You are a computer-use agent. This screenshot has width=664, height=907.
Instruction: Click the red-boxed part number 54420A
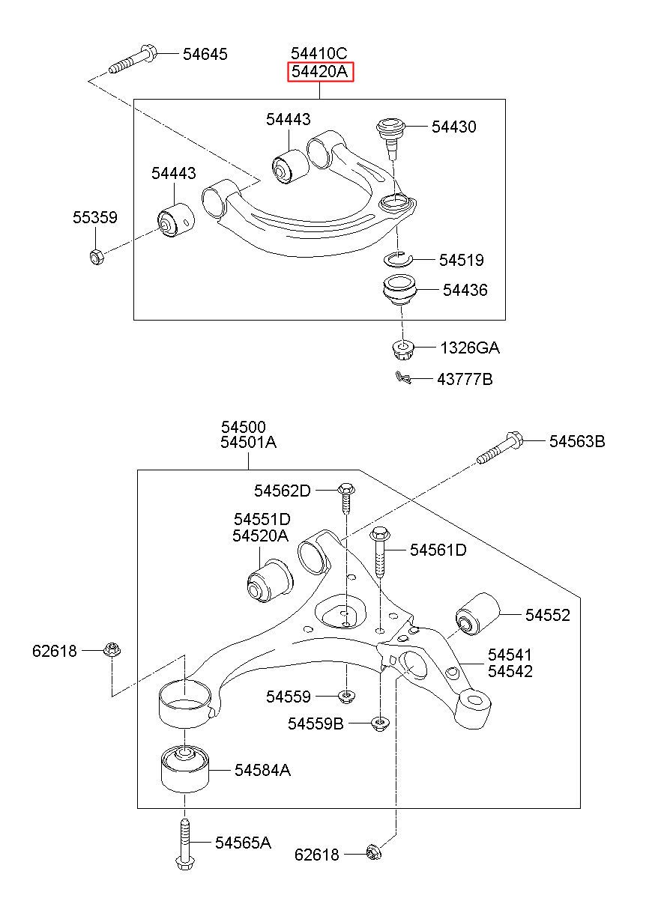coord(320,72)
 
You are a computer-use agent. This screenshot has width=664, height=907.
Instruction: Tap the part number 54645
coord(205,54)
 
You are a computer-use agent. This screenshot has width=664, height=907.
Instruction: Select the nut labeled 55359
coord(97,256)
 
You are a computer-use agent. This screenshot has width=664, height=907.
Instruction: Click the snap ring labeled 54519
coord(397,258)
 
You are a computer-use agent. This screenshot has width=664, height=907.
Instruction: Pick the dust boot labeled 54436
coord(399,291)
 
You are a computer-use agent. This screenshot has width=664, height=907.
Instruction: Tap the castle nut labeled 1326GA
coord(402,350)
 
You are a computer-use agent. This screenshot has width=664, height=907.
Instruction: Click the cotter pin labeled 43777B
coord(404,377)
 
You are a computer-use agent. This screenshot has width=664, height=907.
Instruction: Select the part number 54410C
coord(319,53)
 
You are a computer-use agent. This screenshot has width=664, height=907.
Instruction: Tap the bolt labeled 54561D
coord(380,551)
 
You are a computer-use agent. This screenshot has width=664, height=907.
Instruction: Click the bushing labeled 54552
coord(477,614)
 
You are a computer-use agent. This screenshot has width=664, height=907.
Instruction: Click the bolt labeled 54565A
coord(184,843)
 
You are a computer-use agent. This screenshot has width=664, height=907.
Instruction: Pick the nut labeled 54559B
coord(380,724)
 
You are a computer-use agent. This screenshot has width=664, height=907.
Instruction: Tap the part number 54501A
coord(248,442)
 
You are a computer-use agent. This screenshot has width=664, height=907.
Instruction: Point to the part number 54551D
coord(262,519)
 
